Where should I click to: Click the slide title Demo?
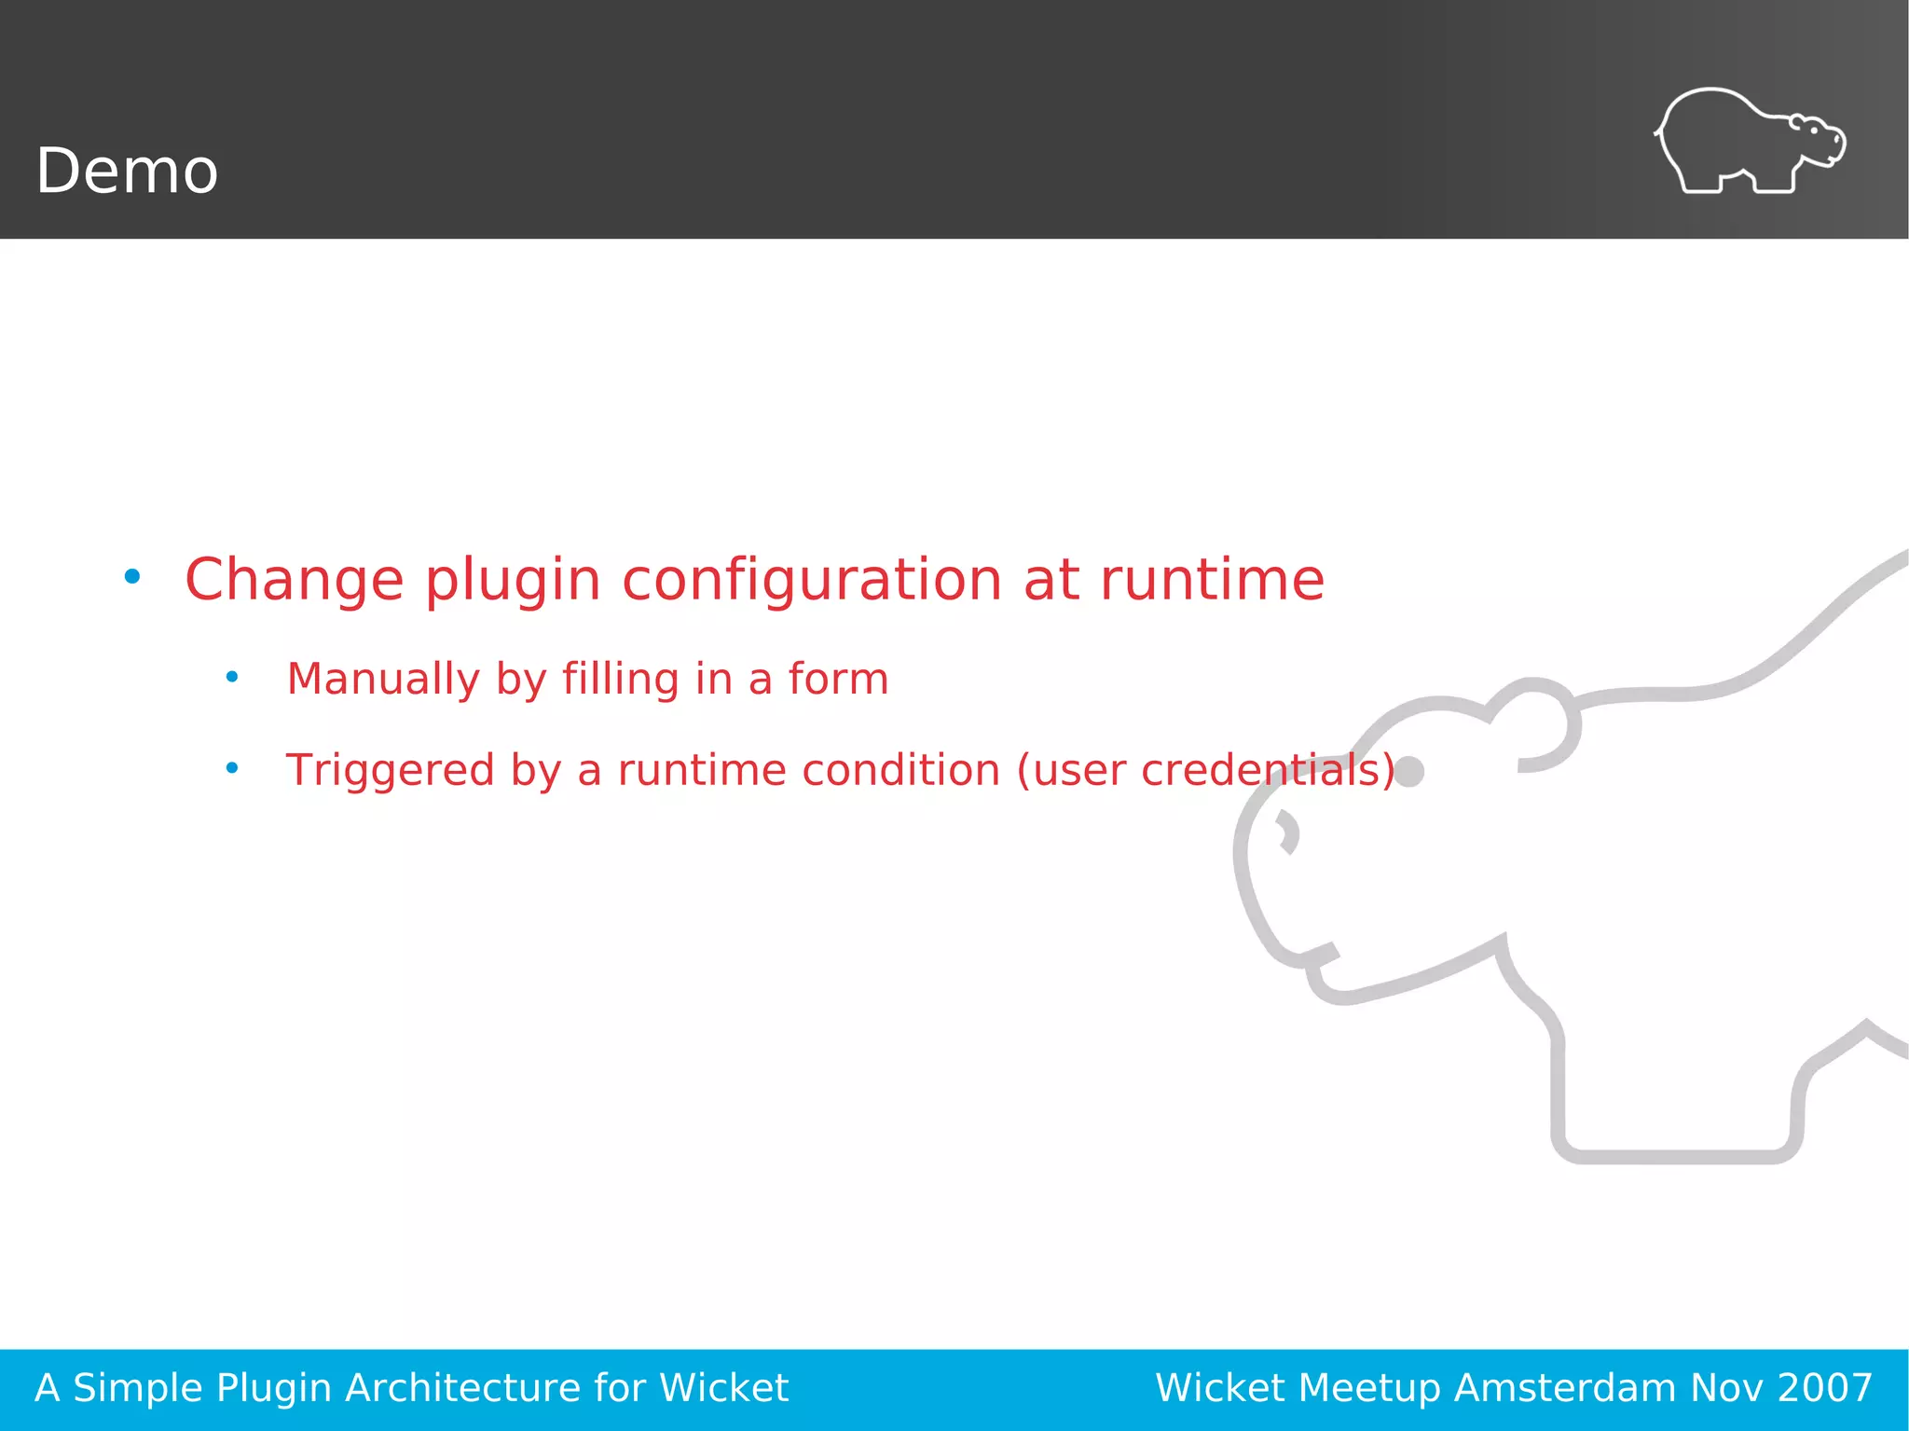127,172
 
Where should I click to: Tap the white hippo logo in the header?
1750,142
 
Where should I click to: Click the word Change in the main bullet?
295,579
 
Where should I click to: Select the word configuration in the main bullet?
812,581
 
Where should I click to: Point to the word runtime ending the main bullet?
1212,579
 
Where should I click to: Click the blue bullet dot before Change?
132,577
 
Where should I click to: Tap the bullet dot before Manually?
232,677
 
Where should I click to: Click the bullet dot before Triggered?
232,768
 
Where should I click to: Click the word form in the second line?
838,678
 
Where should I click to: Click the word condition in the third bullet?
901,770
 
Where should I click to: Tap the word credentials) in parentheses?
1268,770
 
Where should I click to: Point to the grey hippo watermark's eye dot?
1409,772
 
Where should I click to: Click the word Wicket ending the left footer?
723,1388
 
